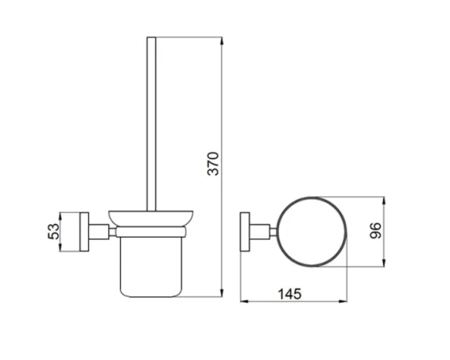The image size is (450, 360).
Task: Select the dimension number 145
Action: pyautogui.click(x=291, y=293)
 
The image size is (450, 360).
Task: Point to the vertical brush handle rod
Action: pyautogui.click(x=152, y=119)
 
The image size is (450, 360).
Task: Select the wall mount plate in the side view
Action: pyautogui.click(x=85, y=231)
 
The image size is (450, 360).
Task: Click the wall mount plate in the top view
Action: pyautogui.click(x=246, y=230)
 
